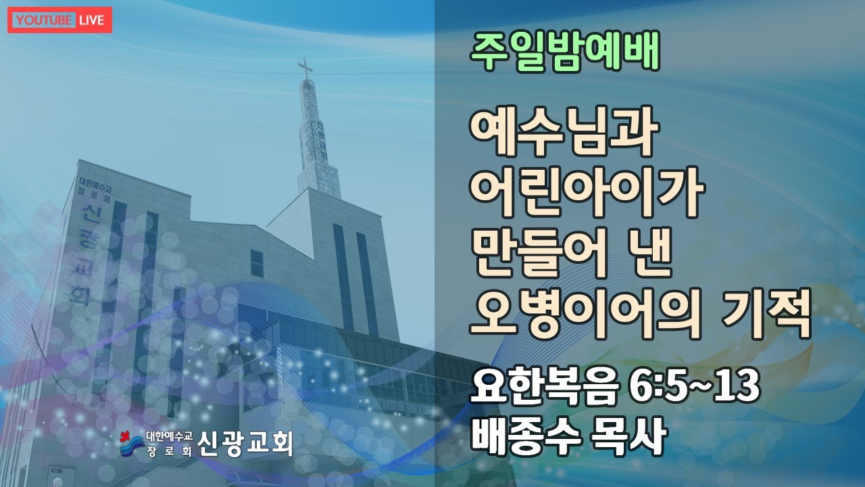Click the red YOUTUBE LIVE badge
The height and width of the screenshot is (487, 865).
(60, 20)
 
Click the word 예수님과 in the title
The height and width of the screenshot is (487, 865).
(564, 133)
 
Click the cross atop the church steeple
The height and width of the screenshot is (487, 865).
(305, 70)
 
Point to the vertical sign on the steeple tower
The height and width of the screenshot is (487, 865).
(319, 135)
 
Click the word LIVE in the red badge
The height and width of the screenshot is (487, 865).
(91, 20)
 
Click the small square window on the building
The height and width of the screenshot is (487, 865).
(257, 264)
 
